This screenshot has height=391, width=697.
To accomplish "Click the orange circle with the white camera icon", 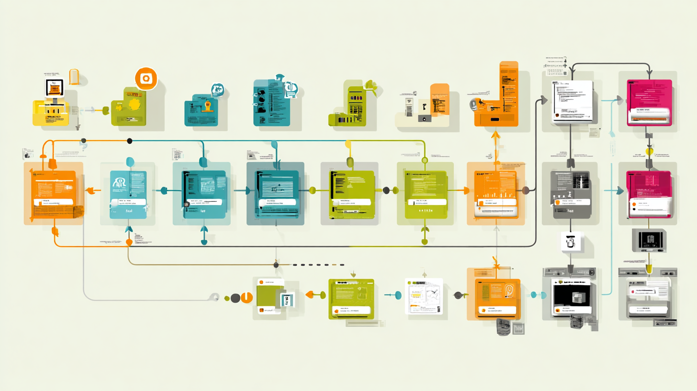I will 146,79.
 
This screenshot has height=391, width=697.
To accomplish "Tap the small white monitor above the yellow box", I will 54,89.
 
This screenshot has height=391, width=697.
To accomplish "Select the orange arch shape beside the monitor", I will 74,77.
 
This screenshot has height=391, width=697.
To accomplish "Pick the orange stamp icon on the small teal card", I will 207,106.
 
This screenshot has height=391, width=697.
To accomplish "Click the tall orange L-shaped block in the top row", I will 498,96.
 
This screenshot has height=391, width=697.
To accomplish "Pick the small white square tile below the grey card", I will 570,242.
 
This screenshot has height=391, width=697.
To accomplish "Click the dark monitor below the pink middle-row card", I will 649,240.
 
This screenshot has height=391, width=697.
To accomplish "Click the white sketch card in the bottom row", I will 424,296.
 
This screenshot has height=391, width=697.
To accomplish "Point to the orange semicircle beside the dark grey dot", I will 247,298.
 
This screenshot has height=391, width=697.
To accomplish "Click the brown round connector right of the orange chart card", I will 525,191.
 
